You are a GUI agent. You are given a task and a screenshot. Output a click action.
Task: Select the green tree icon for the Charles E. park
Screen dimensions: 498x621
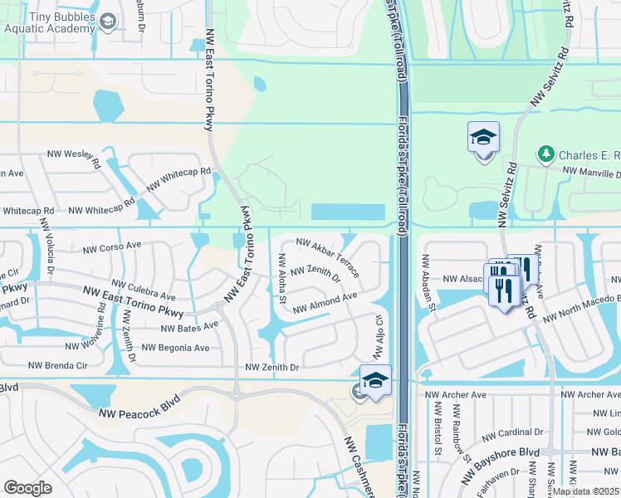[545, 154]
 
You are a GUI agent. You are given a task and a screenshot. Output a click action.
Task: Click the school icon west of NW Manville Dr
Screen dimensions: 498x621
[483, 138]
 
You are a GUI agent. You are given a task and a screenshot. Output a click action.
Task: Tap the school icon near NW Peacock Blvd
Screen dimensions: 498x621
[376, 381]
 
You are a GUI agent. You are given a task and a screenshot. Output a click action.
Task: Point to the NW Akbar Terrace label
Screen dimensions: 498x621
[327, 257]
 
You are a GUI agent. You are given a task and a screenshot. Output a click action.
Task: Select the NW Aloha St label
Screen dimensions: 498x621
[282, 277]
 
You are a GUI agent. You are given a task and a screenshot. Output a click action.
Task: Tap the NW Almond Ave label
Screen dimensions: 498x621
[325, 302]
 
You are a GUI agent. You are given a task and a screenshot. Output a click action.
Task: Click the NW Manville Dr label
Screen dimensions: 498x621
[590, 173]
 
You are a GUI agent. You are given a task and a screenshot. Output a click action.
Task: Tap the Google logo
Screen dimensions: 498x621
[27, 488]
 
